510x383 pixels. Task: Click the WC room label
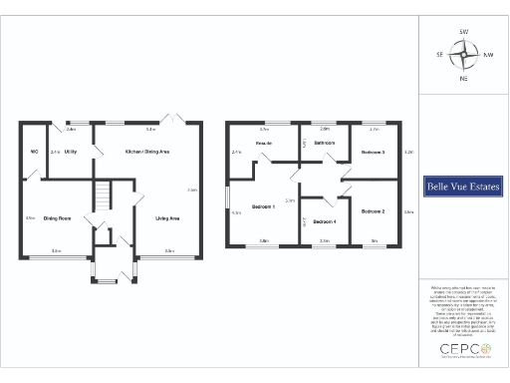tap(34, 152)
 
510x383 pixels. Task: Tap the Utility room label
tap(71, 152)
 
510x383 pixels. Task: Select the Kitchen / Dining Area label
tap(146, 152)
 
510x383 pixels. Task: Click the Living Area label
tap(166, 217)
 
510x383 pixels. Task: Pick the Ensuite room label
tap(264, 146)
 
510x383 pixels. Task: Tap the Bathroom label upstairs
tap(325, 145)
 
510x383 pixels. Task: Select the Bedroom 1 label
tap(263, 206)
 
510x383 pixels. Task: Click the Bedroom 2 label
tap(374, 211)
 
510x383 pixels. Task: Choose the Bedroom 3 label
tap(374, 152)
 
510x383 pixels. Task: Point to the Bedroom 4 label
tap(325, 220)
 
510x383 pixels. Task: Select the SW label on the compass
tap(464, 33)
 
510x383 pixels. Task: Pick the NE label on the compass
tap(464, 78)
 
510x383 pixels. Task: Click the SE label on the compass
tap(440, 55)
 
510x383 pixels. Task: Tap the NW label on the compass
tap(488, 55)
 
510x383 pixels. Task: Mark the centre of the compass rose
tap(464, 55)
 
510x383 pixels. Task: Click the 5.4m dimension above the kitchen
tap(150, 130)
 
